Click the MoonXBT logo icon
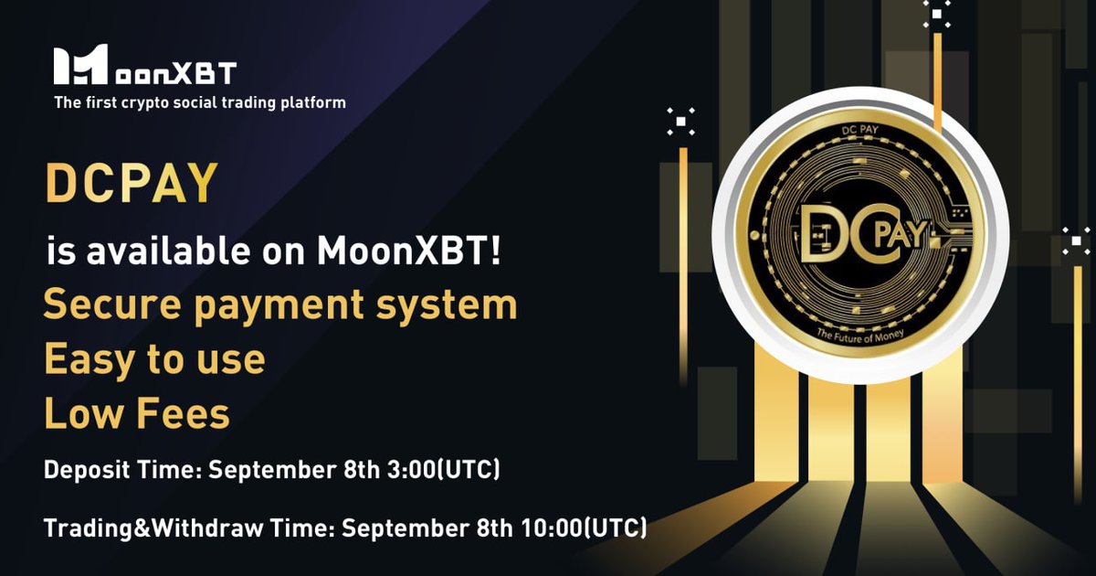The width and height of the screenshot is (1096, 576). (81, 66)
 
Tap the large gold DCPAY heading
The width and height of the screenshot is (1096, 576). (132, 183)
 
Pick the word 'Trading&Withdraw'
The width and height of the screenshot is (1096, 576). (137, 528)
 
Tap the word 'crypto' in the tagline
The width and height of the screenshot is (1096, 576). (146, 102)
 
